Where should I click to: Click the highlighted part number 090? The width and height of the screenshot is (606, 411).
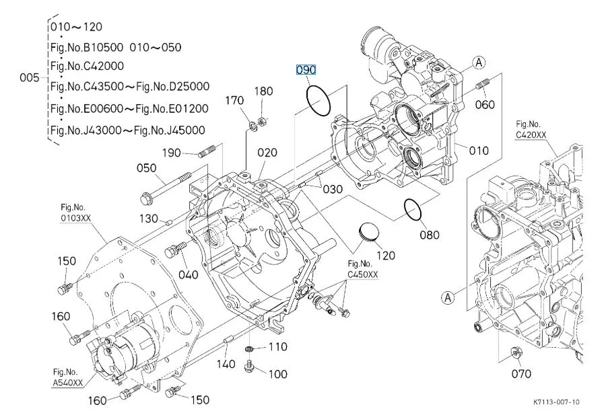pos(306,70)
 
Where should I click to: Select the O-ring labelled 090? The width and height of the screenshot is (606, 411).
pos(318,100)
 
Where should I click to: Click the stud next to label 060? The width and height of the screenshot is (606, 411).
pos(481,87)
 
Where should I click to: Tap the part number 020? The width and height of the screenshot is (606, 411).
pos(267,153)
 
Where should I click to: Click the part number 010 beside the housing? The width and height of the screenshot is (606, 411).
pos(478,151)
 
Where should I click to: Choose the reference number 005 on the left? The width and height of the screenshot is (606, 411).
pos(30,78)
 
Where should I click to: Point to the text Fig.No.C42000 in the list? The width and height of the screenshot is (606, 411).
pos(88,66)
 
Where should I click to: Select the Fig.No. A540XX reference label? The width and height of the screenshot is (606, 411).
pos(67,377)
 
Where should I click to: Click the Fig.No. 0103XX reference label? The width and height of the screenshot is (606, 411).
pos(75,212)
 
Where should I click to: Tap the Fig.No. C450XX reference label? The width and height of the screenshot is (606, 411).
pos(363,269)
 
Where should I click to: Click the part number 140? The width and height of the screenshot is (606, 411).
pos(226,364)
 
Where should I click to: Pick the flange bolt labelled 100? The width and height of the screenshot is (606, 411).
pos(250,366)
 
